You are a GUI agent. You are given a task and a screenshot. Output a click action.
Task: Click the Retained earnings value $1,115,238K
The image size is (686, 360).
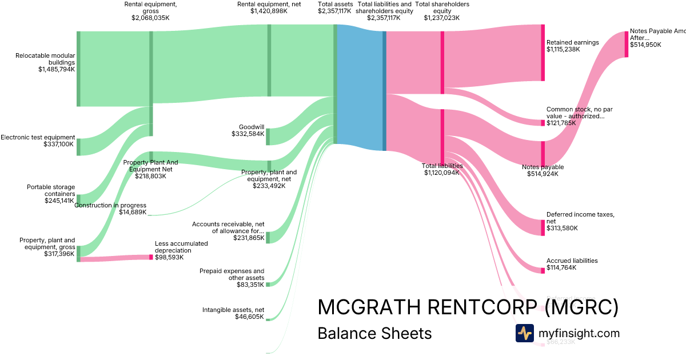563,50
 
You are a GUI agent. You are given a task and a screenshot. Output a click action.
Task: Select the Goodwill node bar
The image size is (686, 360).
268,137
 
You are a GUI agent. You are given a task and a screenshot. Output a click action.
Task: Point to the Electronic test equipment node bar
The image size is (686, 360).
78,147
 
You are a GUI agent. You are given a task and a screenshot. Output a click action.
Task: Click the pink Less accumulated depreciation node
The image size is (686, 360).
151,257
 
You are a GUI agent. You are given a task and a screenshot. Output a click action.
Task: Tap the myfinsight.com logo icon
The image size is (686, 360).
524,333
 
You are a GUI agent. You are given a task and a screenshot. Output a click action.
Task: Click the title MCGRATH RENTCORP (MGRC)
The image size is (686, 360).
468,307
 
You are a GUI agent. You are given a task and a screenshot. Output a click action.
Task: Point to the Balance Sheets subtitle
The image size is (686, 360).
374,333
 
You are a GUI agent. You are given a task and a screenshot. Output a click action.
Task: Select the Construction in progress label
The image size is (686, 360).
110,205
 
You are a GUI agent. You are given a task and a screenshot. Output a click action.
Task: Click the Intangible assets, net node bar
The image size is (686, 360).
268,319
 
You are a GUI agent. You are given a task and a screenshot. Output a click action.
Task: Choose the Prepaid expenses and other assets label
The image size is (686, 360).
232,274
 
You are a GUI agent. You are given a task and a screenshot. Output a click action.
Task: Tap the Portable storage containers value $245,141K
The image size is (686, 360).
59,201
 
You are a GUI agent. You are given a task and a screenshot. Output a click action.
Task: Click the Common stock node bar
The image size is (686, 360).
543,123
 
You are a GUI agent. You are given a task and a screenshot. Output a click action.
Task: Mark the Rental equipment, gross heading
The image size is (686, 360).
150,7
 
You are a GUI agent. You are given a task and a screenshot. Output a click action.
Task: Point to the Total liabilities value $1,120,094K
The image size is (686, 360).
441,173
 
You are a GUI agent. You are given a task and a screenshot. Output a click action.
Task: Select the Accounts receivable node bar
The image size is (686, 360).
268,238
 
